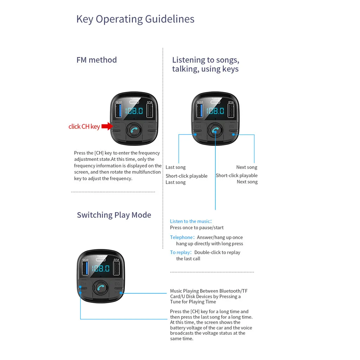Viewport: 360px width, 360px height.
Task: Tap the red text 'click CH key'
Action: pos(84,126)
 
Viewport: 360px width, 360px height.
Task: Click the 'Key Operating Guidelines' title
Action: pos(135,19)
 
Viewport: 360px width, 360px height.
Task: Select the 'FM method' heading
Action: pos(96,60)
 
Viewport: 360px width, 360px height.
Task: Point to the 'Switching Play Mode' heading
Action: pos(114,215)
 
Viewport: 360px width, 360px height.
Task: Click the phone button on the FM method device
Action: pos(134,130)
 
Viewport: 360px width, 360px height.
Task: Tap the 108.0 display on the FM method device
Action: pos(134,111)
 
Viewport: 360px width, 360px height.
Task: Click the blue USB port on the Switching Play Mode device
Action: pos(85,269)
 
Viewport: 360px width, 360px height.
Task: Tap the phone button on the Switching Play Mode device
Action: pos(101,288)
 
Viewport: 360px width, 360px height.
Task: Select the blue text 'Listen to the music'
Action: pos(190,221)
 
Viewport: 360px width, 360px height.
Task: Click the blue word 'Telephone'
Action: pos(181,237)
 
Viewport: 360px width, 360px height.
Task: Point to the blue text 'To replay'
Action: pos(180,253)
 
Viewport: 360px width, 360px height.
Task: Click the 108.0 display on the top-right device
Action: pos(215,111)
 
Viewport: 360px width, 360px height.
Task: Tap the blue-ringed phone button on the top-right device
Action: pos(215,131)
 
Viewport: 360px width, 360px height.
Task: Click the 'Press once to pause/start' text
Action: pos(197,228)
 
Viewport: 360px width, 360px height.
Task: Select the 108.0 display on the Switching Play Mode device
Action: pos(101,269)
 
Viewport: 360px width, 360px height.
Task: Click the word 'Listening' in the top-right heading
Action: pos(188,60)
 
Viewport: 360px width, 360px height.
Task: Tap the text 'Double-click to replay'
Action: pos(217,253)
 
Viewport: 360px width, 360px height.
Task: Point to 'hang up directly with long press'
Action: pos(209,244)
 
